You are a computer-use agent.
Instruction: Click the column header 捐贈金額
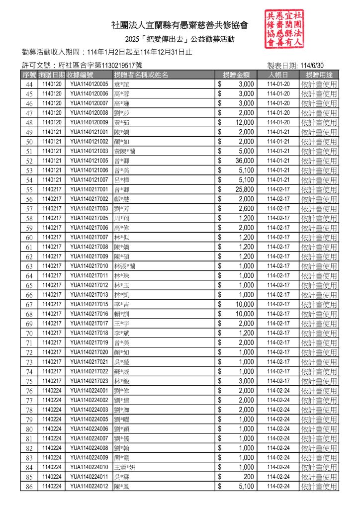point(236,75)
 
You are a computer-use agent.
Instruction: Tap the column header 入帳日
point(278,75)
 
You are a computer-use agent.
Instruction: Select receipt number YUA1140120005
point(89,84)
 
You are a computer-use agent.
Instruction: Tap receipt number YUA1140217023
point(89,381)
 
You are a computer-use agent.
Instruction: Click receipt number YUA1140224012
point(89,486)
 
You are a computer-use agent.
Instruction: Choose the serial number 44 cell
point(29,85)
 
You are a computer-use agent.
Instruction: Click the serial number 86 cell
point(29,487)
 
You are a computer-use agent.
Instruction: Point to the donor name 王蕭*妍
point(125,467)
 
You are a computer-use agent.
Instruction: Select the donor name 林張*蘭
point(125,266)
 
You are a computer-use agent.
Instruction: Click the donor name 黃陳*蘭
point(125,151)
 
